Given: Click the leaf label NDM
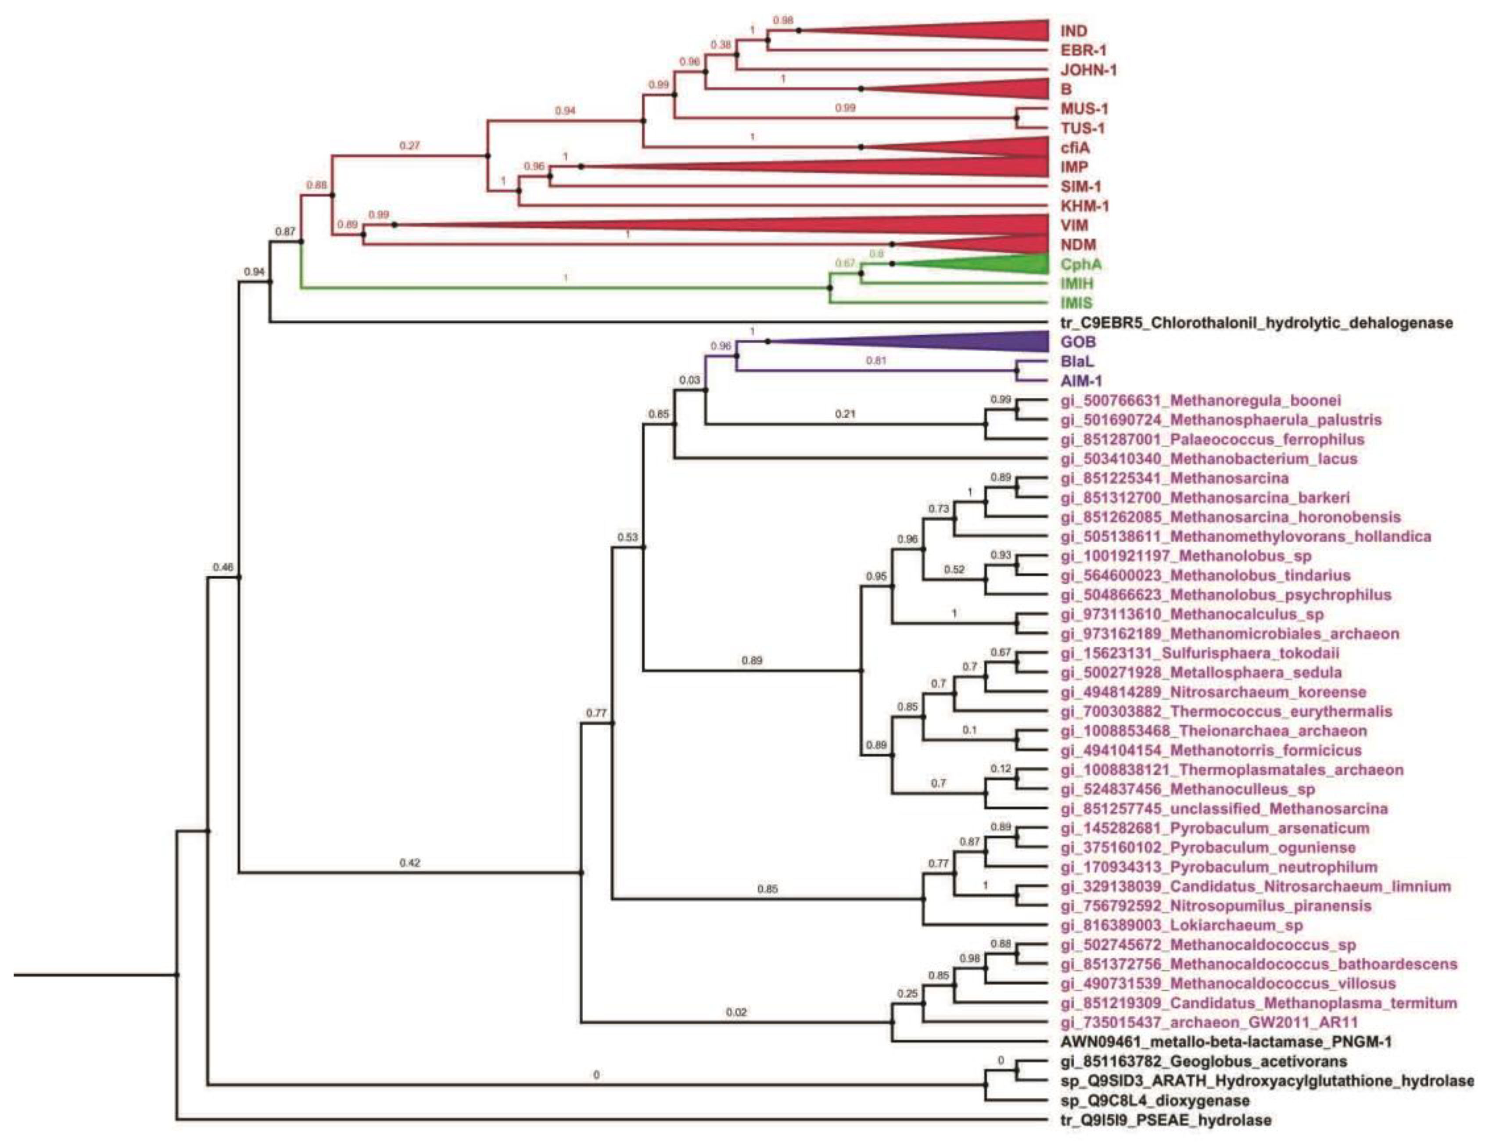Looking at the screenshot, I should (1078, 245).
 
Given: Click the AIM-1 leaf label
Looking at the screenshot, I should (1081, 381).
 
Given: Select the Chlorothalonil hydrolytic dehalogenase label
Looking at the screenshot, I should (1256, 323).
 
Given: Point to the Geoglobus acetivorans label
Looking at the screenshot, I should (1204, 1062).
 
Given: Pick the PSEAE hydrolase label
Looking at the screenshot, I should (1166, 1120).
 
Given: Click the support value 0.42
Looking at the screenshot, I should (409, 863).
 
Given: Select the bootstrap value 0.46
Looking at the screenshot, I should (223, 567).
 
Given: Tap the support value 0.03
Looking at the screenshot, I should (689, 380).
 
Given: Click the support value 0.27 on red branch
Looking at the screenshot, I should (409, 146).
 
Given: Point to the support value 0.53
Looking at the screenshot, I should (628, 537).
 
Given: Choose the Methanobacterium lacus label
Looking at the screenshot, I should (1209, 459).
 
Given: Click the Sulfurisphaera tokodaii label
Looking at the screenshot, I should (1200, 654).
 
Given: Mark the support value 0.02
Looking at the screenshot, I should (736, 1013).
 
